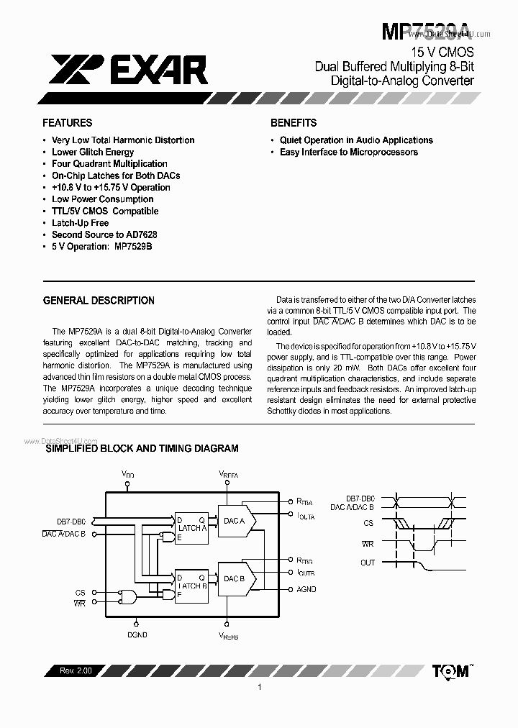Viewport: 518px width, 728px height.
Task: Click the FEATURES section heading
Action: tap(67, 123)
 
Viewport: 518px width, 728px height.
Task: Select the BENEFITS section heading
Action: tap(294, 123)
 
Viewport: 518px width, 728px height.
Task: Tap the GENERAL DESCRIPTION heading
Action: tap(99, 301)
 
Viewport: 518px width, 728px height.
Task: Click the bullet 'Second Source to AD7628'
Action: tap(104, 235)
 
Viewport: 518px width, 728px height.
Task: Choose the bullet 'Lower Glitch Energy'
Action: tap(93, 152)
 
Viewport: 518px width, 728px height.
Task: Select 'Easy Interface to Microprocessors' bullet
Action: tap(348, 152)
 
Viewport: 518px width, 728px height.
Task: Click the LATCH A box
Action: tap(192, 528)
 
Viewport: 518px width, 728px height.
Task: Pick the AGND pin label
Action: tap(306, 589)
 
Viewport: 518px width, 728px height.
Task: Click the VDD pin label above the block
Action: tap(127, 475)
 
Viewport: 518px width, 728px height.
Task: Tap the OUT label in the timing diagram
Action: tap(368, 563)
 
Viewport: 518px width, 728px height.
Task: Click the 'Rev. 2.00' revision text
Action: tap(72, 670)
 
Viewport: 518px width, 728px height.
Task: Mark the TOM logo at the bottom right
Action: tap(452, 670)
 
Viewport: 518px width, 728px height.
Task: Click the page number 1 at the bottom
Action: tap(258, 688)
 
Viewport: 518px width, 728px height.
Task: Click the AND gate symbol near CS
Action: tap(129, 596)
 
